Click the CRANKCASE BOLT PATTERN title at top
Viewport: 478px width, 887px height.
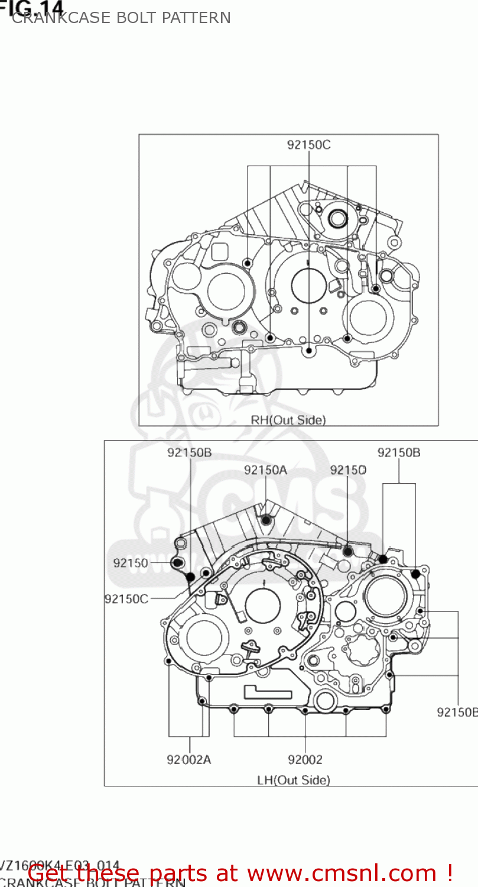point(121,18)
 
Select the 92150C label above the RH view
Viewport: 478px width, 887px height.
point(309,145)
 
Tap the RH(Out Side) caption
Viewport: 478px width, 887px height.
point(288,420)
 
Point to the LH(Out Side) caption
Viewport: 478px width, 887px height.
point(294,780)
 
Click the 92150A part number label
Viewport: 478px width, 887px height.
point(266,470)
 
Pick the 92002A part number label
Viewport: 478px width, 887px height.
point(188,760)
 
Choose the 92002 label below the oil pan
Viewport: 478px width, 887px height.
point(305,760)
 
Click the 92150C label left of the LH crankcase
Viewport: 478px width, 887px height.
point(126,598)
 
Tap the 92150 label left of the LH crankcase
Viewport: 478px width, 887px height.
point(131,564)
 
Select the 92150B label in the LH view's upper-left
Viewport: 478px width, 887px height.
point(189,453)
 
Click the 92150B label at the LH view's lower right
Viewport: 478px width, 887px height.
point(457,712)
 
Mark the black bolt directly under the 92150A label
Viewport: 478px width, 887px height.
point(266,520)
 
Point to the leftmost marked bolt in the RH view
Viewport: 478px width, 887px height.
point(248,263)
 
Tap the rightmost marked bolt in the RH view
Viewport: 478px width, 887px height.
point(376,289)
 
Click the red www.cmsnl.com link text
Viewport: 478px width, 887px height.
point(349,873)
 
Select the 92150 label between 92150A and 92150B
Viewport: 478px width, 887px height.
point(348,470)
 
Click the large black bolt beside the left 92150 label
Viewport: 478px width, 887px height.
point(177,562)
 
